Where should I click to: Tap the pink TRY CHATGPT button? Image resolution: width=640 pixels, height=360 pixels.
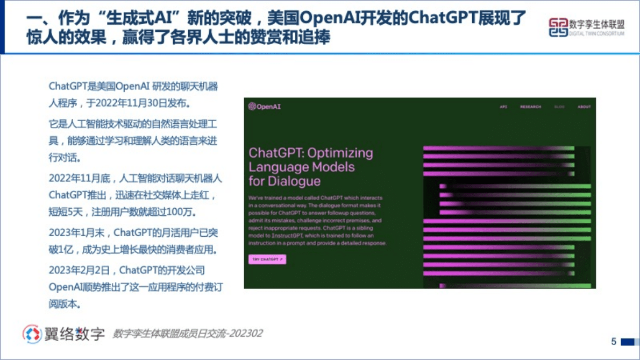267,259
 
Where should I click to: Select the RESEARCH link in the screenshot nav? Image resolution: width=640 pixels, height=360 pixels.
530,107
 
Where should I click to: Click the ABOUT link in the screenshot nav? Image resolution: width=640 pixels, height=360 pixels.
584,107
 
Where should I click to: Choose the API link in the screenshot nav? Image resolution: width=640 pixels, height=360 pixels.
503,107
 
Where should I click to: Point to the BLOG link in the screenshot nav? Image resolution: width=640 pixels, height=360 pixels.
559,107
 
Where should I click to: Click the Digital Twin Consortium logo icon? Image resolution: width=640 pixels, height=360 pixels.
558,27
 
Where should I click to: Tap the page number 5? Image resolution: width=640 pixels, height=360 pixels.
614,342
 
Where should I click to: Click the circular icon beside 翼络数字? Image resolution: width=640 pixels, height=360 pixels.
32,334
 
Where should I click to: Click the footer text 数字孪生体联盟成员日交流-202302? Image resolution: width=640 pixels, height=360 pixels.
187,334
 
